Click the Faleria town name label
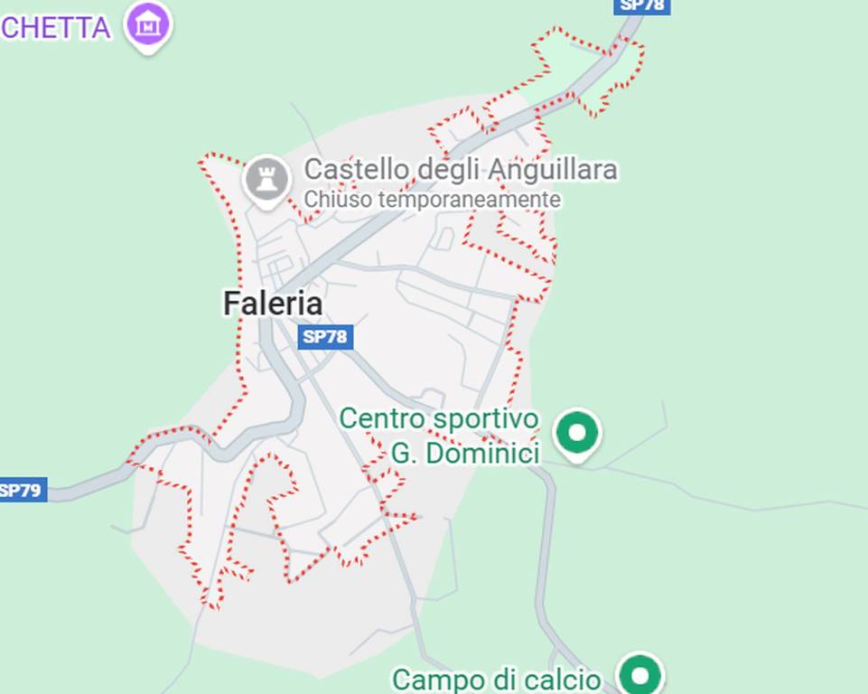[273, 304]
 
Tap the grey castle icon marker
[267, 179]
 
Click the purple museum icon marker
[149, 24]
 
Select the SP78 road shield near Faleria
[325, 337]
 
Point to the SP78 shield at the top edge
[641, 5]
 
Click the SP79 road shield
[22, 491]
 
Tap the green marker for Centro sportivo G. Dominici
[577, 434]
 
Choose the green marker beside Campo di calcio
[640, 675]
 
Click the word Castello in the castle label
[347, 169]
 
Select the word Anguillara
[553, 169]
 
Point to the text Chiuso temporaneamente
[433, 199]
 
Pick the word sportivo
[485, 419]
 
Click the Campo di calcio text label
[497, 679]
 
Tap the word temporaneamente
[470, 199]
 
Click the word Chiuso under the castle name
[338, 199]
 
